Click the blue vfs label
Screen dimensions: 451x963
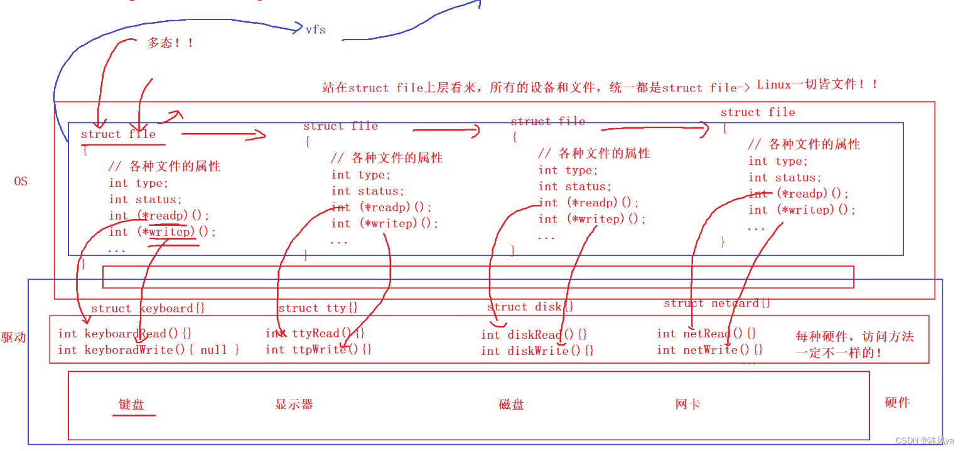click(x=315, y=29)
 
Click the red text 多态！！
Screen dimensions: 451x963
click(x=170, y=43)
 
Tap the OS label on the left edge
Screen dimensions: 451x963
click(x=21, y=182)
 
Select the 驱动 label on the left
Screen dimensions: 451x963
click(x=13, y=337)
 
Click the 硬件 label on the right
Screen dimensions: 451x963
click(x=897, y=403)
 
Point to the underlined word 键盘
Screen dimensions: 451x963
click(x=132, y=405)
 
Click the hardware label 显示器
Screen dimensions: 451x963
click(x=294, y=405)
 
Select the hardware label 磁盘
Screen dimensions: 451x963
click(x=511, y=405)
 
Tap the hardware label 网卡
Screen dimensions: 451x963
click(x=687, y=405)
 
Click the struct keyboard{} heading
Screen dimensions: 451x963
click(x=148, y=308)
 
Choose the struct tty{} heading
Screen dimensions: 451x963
click(x=318, y=308)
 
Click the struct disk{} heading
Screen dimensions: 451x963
click(x=530, y=307)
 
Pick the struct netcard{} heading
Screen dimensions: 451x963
click(x=717, y=304)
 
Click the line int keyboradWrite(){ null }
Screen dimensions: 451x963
click(x=149, y=350)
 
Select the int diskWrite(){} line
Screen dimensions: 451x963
click(x=537, y=351)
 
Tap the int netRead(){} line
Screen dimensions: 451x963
click(x=706, y=334)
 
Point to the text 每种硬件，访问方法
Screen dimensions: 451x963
click(x=854, y=337)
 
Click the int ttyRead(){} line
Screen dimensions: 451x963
click(x=315, y=334)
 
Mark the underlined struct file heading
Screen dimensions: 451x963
click(x=118, y=134)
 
